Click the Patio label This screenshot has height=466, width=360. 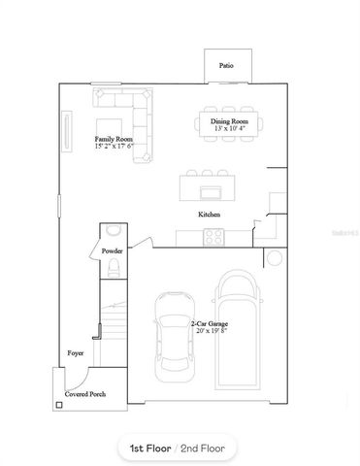[x=226, y=66]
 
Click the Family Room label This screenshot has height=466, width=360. [x=114, y=139]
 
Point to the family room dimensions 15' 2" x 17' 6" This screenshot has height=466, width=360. [x=114, y=147]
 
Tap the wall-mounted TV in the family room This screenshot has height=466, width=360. [x=66, y=129]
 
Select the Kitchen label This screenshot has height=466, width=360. [x=210, y=214]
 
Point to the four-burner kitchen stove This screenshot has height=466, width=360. [x=213, y=236]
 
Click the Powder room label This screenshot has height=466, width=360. [x=112, y=250]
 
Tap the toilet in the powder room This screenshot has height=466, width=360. [x=113, y=266]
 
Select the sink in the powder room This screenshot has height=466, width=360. [x=113, y=231]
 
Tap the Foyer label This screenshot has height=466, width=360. [x=75, y=354]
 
